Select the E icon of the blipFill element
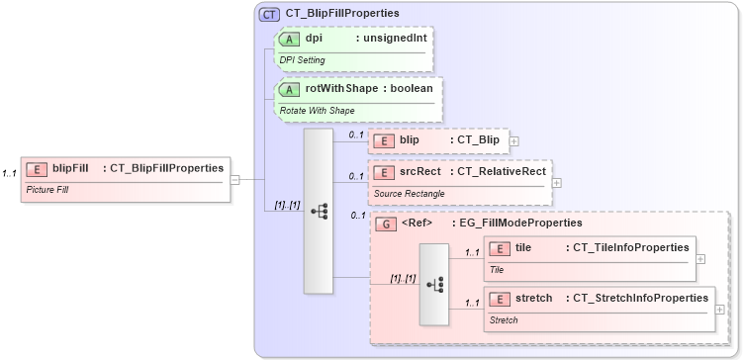tap(39, 168)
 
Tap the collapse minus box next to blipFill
tap(234, 179)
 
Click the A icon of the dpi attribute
tap(290, 39)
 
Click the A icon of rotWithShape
tap(290, 89)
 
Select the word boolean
tap(410, 89)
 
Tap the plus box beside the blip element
tap(513, 141)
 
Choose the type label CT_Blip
tap(479, 140)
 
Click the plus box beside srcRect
tap(557, 182)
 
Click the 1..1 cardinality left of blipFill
tap(10, 174)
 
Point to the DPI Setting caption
tap(302, 59)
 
